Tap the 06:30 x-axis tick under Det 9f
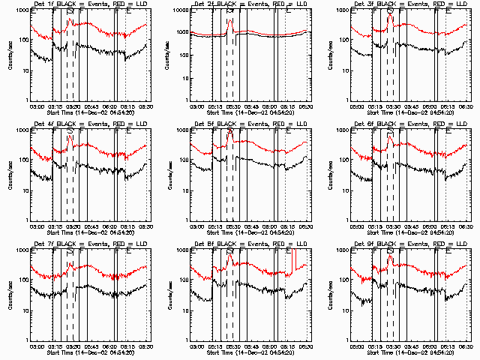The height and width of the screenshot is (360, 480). (466, 346)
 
